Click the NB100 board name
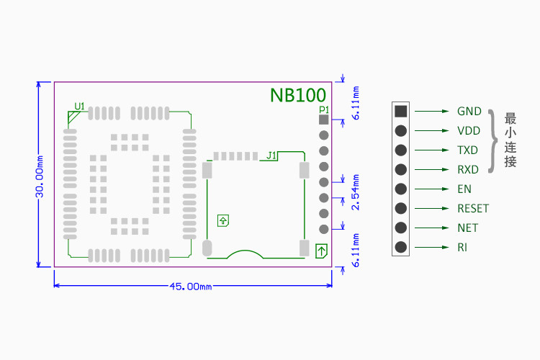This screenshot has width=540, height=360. coord(297,95)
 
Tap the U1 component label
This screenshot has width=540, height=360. coord(79,107)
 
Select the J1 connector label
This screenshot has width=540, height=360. coord(271,155)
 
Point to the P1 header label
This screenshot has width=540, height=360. coord(323,109)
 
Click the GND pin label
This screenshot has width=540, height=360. coord(469,112)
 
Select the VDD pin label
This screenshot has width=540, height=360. coord(469,131)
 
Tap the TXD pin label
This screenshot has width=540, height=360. coord(467,150)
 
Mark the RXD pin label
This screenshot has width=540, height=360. coord(468,170)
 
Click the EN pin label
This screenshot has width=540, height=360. coord(464,189)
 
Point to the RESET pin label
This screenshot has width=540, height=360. coord(473,209)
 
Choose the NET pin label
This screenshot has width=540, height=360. coord(467,228)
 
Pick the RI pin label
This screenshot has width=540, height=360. coord(462,248)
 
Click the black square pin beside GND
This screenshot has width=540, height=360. coord(400,112)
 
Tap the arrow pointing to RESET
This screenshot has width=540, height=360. coord(431,209)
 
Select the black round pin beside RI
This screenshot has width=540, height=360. coord(400,247)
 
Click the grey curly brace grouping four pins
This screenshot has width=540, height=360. coord(492,141)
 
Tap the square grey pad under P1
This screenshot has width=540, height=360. coord(323,120)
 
